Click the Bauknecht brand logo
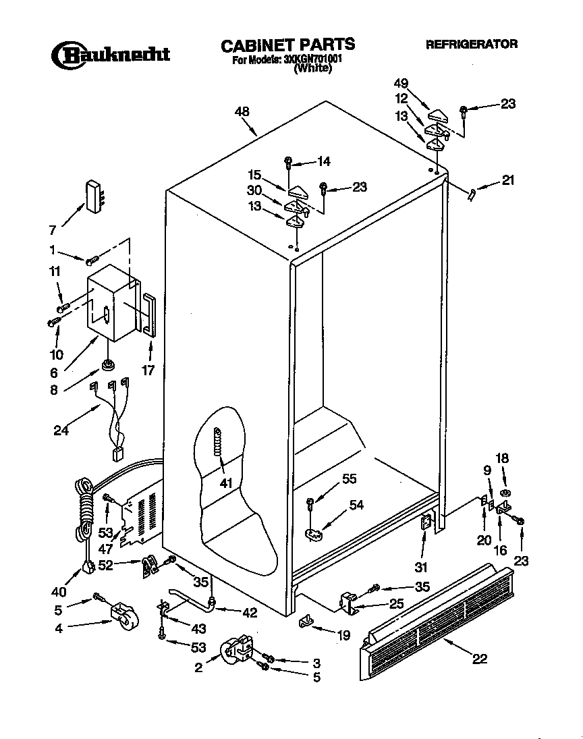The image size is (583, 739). (111, 54)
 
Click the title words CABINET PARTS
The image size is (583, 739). (288, 45)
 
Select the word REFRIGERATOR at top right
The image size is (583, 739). (472, 45)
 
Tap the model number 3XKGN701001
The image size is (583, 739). (312, 59)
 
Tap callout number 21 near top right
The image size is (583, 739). (507, 180)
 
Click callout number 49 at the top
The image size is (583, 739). (401, 84)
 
